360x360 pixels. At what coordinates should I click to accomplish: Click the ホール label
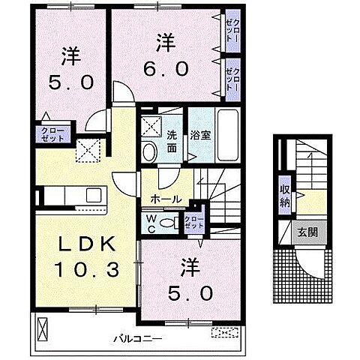click(165, 199)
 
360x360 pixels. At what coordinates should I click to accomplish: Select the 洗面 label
click(171, 142)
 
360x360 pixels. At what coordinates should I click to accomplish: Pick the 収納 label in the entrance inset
click(286, 193)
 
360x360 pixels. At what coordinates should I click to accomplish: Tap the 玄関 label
click(305, 232)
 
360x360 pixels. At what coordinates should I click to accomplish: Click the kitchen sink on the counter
click(94, 196)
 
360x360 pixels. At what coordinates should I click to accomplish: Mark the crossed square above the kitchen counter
click(89, 151)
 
